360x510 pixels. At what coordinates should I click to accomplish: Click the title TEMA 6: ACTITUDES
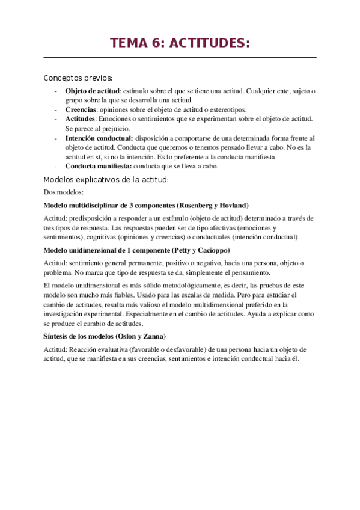pos(180,43)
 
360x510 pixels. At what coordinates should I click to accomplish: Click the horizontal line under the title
pos(180,58)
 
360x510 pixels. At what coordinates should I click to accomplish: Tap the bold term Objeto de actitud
pos(88,91)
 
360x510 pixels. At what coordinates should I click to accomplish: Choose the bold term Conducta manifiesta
pos(98,167)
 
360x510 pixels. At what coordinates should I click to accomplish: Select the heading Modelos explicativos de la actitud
pos(106,180)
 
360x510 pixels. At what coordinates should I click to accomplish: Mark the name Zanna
pos(153,336)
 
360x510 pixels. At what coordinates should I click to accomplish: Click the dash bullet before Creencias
pos(56,110)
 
